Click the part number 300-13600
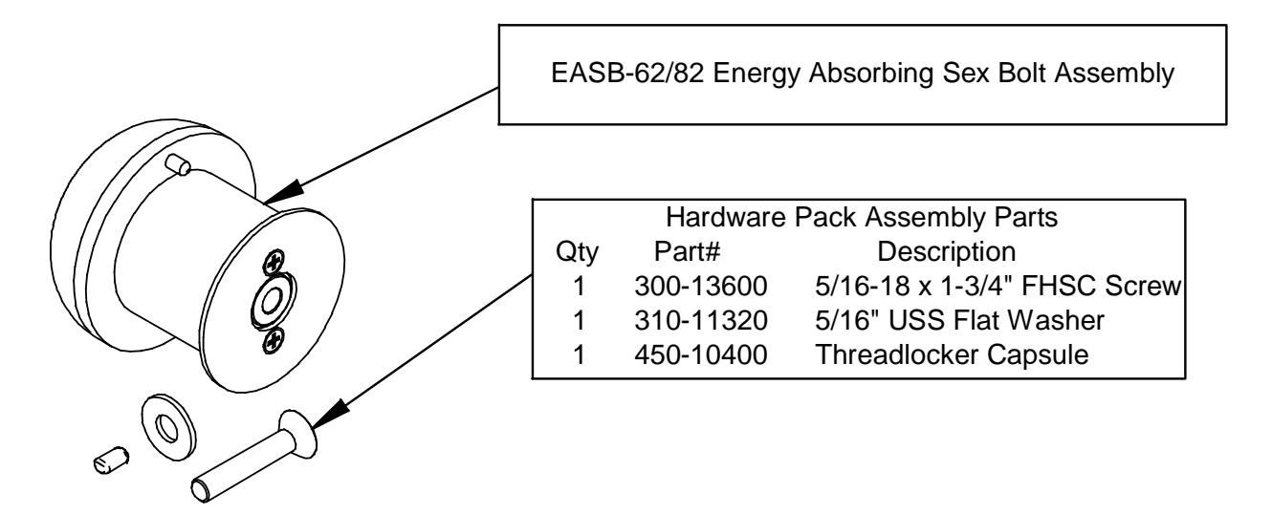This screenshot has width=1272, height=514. pos(701,286)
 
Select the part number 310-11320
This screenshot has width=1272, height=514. pos(701,321)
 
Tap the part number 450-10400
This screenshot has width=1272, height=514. pos(701,355)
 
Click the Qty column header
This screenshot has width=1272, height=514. pos(577,252)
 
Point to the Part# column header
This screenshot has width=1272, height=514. pos(687,251)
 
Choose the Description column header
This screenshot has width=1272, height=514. pos(947,252)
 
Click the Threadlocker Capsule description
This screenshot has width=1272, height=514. pos(952,355)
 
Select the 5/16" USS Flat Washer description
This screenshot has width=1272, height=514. pos(959,321)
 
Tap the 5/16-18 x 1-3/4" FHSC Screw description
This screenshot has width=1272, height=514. pos(998,286)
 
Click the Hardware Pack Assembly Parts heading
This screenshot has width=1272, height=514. pos(862,217)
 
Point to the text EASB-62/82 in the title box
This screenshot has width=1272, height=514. pos(627,74)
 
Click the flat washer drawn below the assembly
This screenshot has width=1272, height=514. pos(168,428)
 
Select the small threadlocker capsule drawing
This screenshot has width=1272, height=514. pos(111,460)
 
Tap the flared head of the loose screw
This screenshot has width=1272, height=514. pos(298,434)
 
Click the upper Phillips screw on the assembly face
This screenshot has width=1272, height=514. pos(274,262)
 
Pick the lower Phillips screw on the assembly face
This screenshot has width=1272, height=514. pos(274,341)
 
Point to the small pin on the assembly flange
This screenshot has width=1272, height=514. pos(178,164)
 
